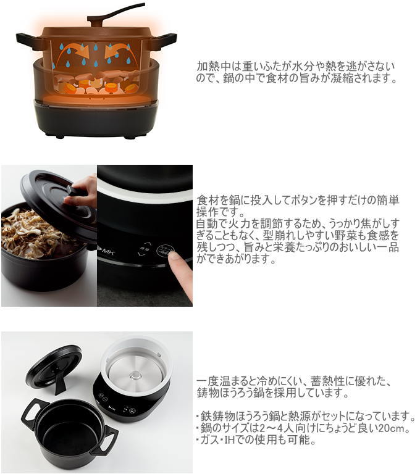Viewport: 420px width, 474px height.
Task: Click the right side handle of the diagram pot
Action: tap(163, 41)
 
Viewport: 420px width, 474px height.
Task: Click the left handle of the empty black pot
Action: tap(33, 412)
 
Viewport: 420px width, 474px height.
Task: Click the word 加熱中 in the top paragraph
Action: tap(211, 66)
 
